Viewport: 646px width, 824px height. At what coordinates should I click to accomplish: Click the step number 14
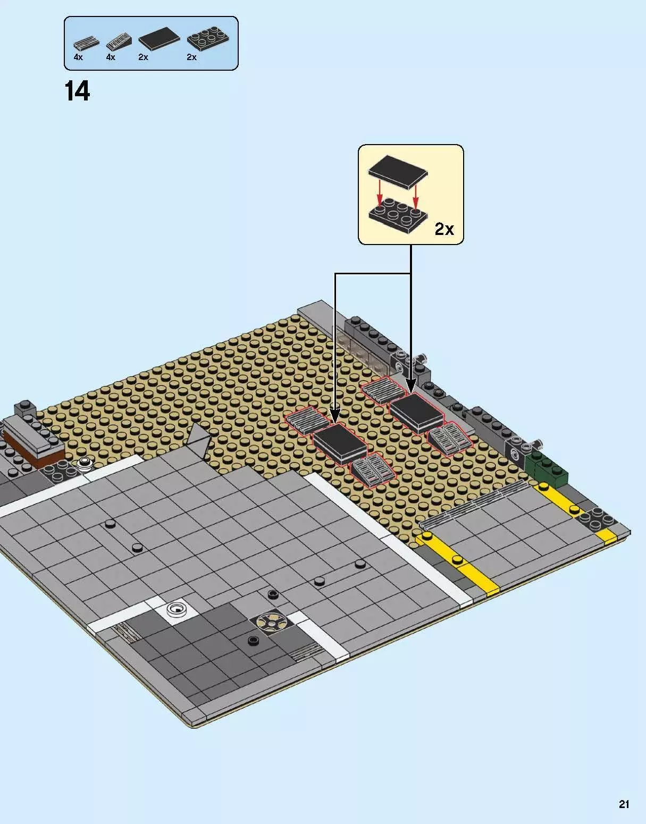click(78, 91)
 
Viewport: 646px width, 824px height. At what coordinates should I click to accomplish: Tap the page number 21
click(624, 804)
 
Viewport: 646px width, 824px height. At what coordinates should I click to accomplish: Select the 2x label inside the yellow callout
click(444, 229)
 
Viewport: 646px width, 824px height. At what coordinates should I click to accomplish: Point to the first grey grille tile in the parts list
click(86, 43)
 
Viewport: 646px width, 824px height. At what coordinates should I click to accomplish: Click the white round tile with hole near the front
click(177, 609)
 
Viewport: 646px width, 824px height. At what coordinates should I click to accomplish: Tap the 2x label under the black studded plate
click(191, 57)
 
